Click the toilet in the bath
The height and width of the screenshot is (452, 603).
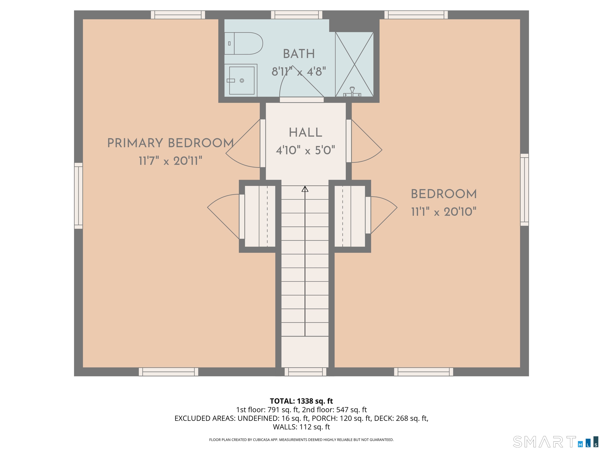tap(243, 43)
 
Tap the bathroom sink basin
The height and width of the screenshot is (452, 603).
tap(242, 80)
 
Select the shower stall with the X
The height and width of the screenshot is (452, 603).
tap(354, 64)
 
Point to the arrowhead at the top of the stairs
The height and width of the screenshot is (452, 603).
tap(305, 189)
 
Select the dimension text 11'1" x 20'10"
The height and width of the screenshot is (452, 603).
tap(444, 212)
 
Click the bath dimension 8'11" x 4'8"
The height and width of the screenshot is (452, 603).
tap(299, 72)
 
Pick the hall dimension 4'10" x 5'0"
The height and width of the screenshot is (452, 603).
tap(305, 150)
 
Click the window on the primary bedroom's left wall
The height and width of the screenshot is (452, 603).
tap(79, 196)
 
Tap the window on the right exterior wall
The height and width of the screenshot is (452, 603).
tap(524, 190)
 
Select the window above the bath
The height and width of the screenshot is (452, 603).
tap(297, 15)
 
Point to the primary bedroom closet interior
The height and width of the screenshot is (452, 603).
tap(260, 216)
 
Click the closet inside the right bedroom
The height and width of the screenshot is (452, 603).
tap(350, 216)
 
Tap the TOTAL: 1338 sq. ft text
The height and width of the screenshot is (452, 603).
tap(301, 401)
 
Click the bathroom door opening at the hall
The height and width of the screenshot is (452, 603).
tap(302, 100)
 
